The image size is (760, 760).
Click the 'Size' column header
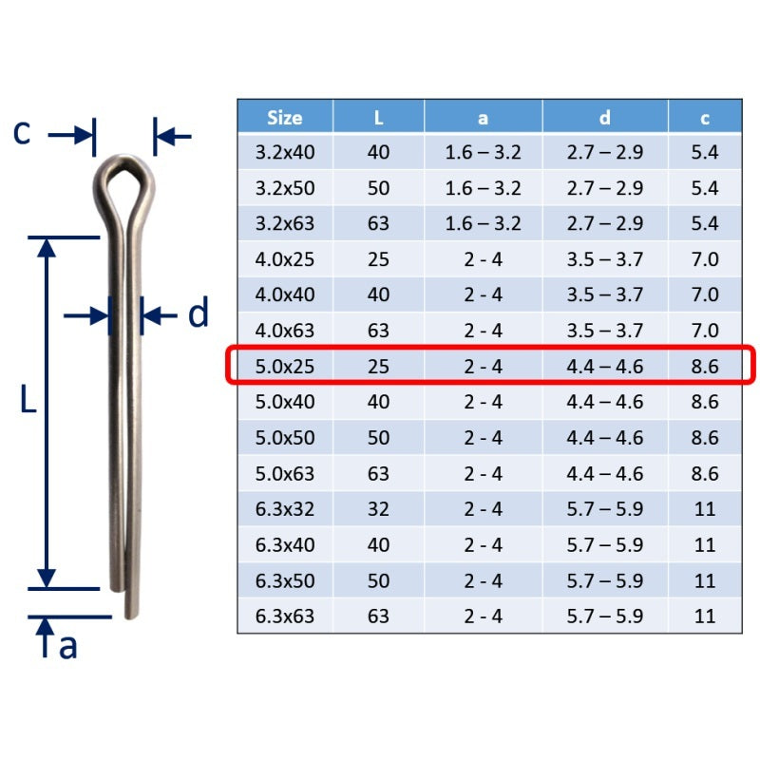[284, 118]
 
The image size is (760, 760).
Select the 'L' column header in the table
[378, 118]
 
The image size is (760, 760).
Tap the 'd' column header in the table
[604, 118]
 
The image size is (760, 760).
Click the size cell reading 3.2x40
[284, 152]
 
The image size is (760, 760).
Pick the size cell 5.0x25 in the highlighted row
[284, 367]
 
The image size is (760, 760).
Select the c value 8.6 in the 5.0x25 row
[705, 367]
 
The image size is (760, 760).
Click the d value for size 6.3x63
[604, 616]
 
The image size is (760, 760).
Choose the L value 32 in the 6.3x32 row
[378, 509]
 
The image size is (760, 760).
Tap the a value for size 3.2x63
[483, 223]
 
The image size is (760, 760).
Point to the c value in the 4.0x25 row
[705, 259]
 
